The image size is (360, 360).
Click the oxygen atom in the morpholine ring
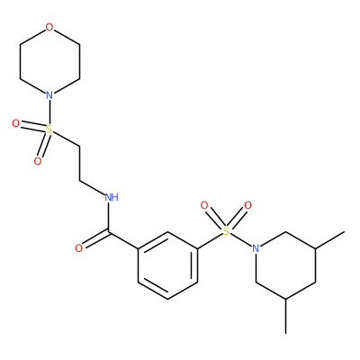click(49, 28)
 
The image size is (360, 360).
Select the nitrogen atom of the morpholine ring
click(49, 95)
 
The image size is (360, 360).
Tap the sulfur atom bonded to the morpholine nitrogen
click(49, 130)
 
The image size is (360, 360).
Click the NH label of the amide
click(112, 197)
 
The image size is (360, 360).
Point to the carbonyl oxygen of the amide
click(78, 248)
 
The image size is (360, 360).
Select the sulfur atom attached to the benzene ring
click(226, 231)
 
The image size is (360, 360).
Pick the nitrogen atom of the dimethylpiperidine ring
click(256, 248)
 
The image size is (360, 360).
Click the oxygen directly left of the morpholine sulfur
click(16, 123)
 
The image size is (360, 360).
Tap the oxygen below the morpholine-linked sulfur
click(38, 161)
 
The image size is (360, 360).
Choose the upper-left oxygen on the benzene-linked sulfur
click(204, 205)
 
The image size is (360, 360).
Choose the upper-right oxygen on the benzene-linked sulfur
click(247, 205)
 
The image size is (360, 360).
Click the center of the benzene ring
click(167, 265)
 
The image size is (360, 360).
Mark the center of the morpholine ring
click(49, 62)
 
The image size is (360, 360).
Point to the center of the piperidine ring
click(285, 265)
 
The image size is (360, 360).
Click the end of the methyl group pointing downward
click(286, 333)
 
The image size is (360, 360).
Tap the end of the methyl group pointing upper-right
click(345, 232)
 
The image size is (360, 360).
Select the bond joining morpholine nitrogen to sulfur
click(49, 112)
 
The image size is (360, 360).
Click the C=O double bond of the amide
click(95, 239)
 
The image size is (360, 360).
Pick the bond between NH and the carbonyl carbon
click(109, 217)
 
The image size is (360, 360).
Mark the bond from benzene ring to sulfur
click(210, 241)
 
